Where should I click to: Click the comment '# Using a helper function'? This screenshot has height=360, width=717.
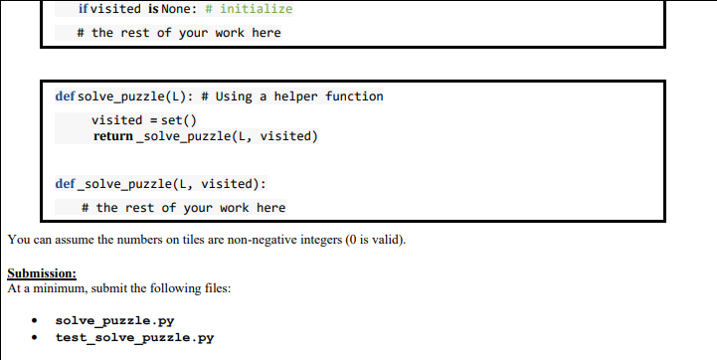point(291,96)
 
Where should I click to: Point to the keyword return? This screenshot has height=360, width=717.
point(112,135)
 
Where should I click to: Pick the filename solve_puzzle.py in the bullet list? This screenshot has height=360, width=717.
point(102,321)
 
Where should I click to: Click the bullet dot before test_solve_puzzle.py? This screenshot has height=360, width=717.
point(35,338)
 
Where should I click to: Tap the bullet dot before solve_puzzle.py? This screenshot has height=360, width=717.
point(35,322)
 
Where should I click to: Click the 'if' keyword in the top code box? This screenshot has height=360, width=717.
point(83,9)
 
